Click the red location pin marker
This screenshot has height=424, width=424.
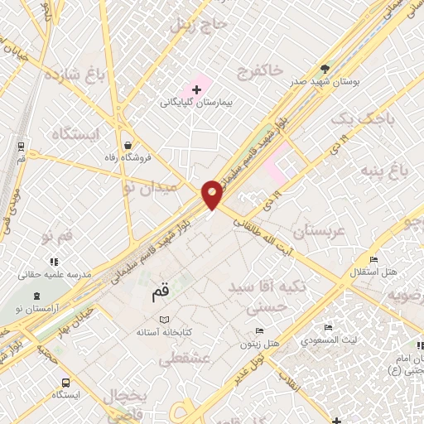pos(212,194)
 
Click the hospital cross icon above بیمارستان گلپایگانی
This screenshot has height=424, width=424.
pos(196,88)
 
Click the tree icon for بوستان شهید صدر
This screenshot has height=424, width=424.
pos(324,70)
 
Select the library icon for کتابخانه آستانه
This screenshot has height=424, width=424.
pos(163,320)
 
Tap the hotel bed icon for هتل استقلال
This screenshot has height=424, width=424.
pos(373,259)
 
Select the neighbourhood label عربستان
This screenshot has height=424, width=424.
pos(311,230)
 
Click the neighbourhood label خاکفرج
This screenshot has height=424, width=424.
pos(261,69)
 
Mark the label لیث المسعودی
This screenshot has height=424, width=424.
pos(329,340)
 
